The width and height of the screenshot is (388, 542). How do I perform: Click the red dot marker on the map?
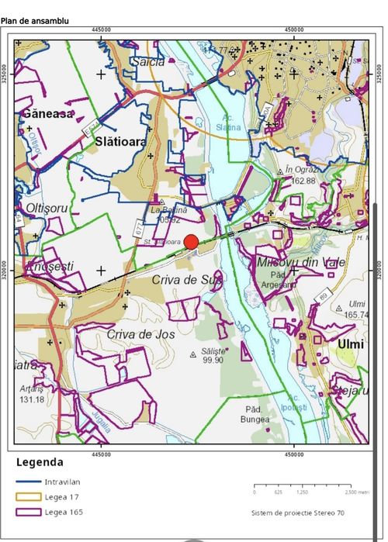coord(191,241)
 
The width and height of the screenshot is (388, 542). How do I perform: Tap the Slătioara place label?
coord(120,142)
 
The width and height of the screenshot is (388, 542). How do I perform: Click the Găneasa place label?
coord(47,113)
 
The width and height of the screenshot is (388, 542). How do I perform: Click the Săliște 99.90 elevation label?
coord(213,356)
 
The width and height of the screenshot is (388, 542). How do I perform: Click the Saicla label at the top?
coord(150,60)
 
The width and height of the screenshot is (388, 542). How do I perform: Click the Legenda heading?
coord(40,462)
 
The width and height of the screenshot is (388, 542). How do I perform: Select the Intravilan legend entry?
coord(62,482)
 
